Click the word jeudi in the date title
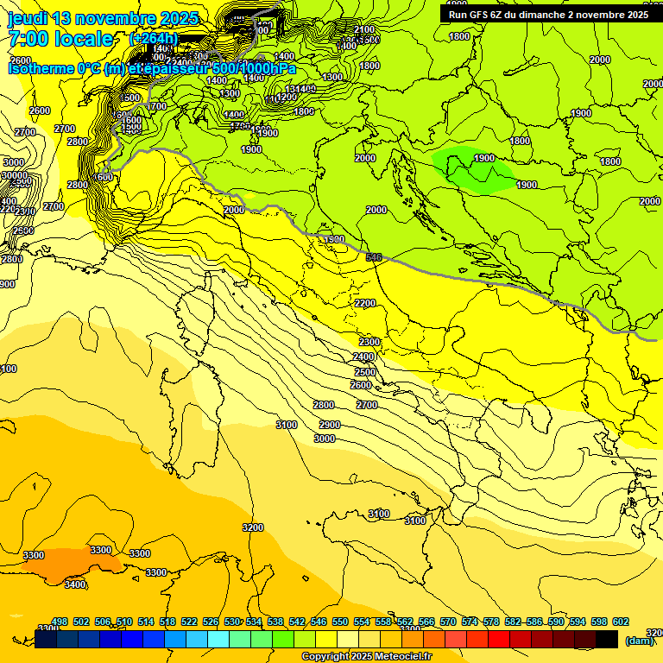[28, 18]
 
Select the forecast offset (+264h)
[153, 39]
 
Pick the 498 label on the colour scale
[60, 622]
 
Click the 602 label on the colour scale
[620, 622]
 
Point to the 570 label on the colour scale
[448, 622]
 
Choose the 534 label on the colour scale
[254, 622]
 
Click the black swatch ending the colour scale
[607, 639]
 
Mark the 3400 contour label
[75, 584]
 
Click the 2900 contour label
[329, 425]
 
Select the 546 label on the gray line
[374, 257]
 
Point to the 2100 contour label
[364, 30]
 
